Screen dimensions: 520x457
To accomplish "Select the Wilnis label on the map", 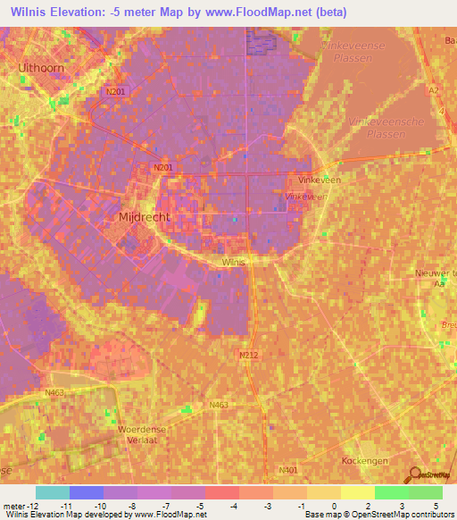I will [x=233, y=263].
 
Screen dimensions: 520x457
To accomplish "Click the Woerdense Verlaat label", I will [x=142, y=433].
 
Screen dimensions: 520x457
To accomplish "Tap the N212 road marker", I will [x=249, y=355].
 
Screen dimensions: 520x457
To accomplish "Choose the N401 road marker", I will [x=287, y=470].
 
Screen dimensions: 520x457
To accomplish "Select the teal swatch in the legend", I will [x=52, y=492].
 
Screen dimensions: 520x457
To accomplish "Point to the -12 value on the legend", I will [x=28, y=505].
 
